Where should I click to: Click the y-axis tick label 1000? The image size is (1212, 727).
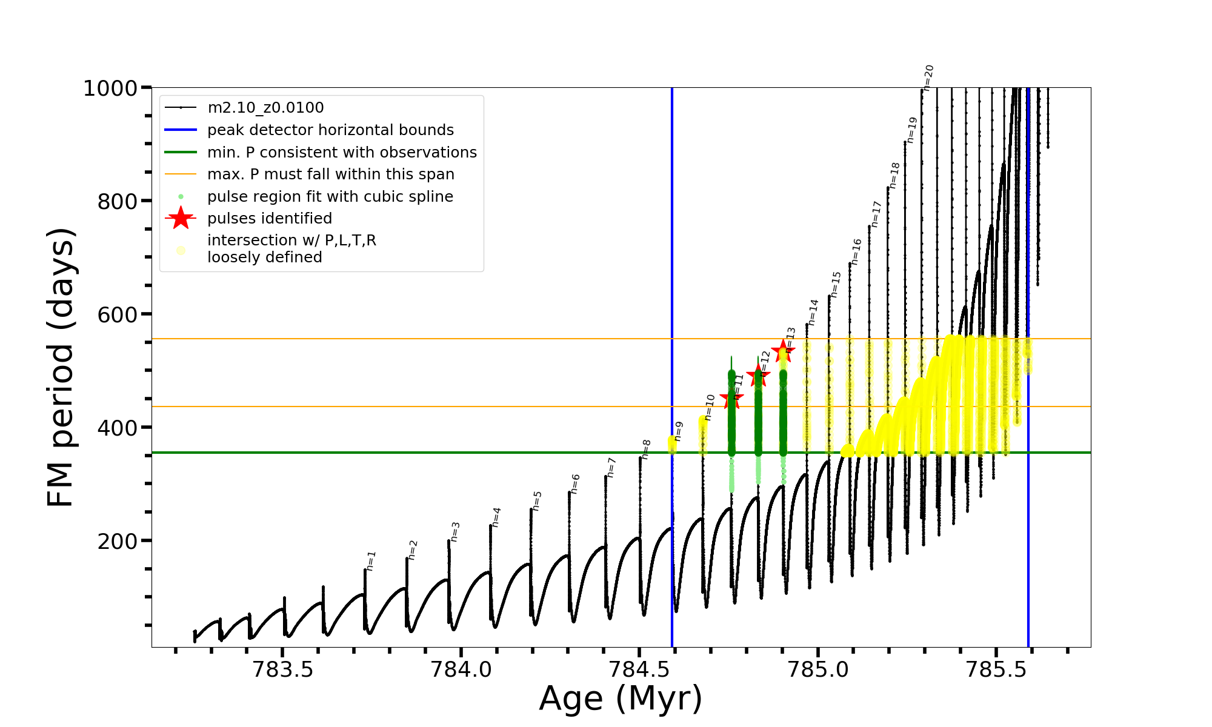(x=110, y=88)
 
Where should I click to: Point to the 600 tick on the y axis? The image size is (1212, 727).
(x=118, y=314)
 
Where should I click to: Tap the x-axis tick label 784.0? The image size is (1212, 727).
(x=461, y=669)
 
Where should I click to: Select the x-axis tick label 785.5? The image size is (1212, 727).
(x=996, y=669)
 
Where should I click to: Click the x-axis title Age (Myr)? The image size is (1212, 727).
(x=621, y=699)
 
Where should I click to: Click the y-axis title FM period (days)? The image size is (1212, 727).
(x=61, y=367)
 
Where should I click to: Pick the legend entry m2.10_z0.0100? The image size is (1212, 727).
(x=265, y=108)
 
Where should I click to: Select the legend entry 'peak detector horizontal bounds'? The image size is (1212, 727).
(x=330, y=130)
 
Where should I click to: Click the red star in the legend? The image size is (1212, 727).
(x=181, y=218)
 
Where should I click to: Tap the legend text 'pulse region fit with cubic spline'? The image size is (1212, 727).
(x=330, y=197)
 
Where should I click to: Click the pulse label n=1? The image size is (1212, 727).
(x=371, y=560)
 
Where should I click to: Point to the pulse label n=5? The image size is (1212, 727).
(x=537, y=501)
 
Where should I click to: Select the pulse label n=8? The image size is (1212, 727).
(x=646, y=449)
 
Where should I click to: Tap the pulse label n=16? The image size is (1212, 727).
(x=856, y=251)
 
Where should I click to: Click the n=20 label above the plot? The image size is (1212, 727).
(x=928, y=78)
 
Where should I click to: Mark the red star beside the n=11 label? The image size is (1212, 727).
(x=731, y=399)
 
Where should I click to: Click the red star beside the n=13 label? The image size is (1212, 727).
(x=783, y=351)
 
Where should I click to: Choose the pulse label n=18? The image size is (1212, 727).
(x=894, y=175)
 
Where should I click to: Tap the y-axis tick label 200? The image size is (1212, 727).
(x=118, y=541)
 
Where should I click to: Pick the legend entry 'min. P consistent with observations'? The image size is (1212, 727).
(x=342, y=153)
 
